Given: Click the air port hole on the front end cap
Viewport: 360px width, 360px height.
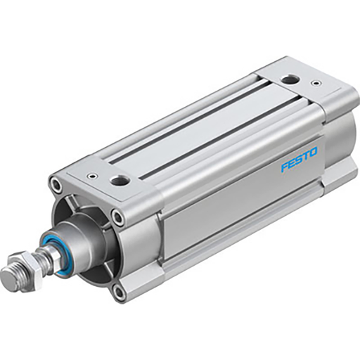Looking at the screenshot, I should (120, 181).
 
